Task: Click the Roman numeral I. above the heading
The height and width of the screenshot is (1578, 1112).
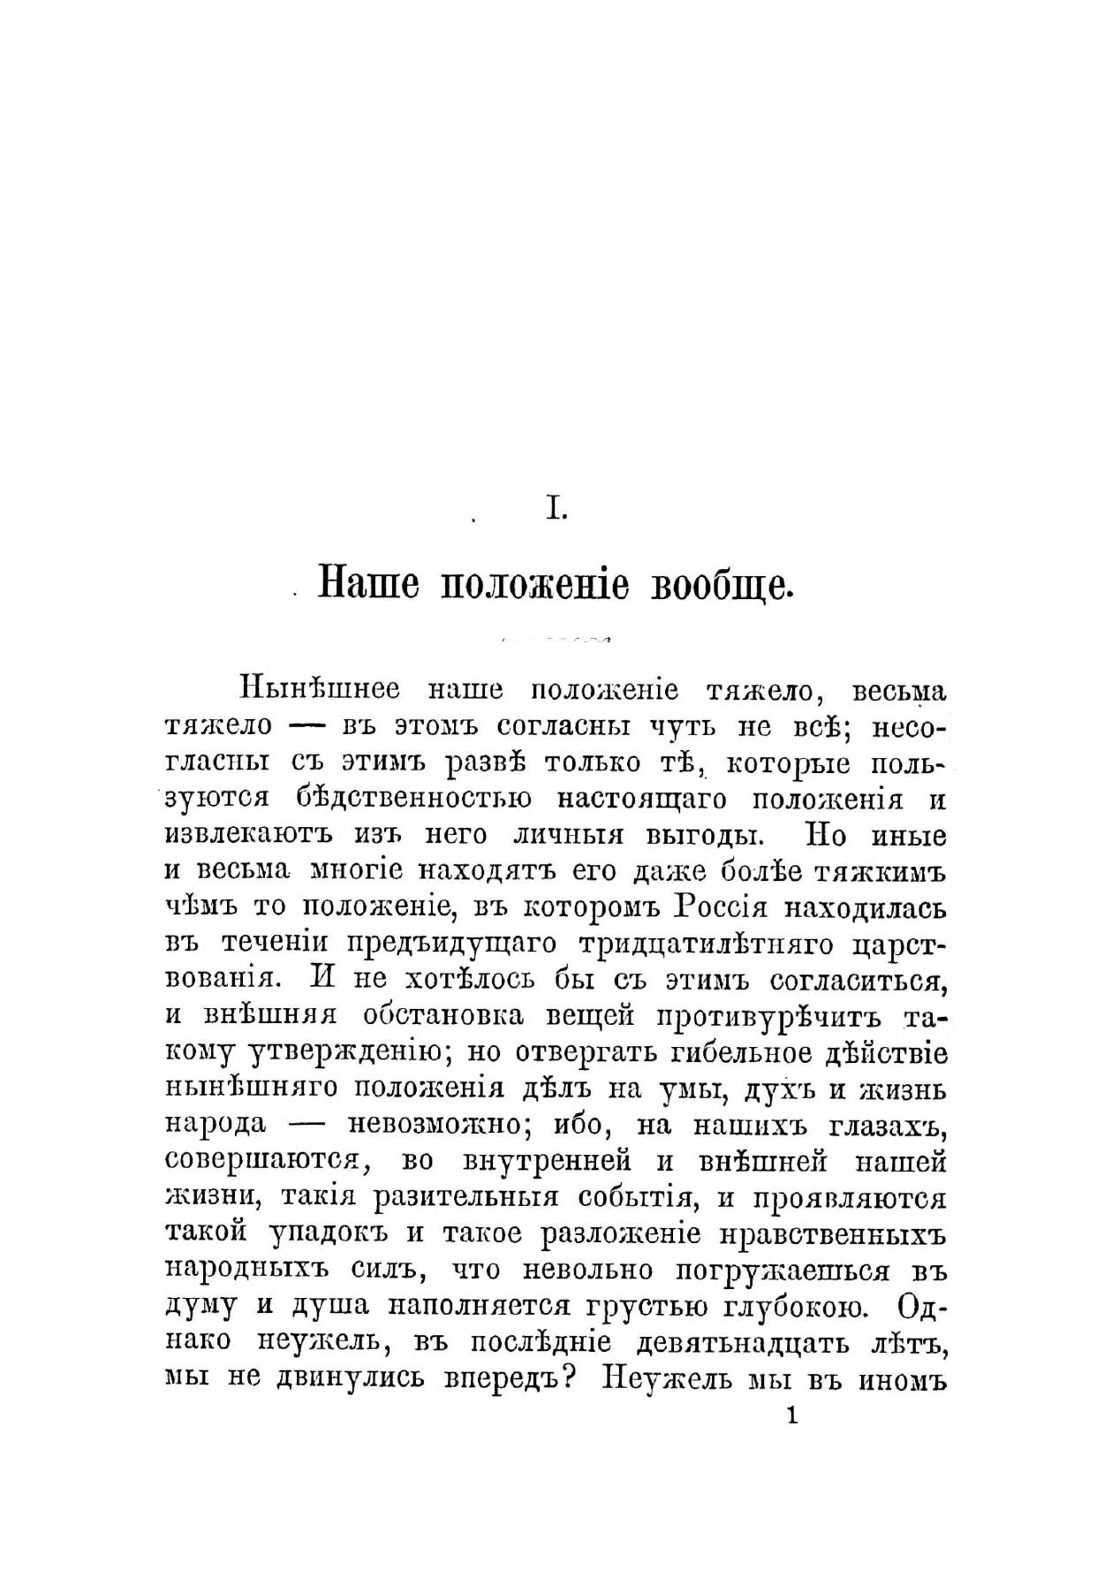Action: (556, 510)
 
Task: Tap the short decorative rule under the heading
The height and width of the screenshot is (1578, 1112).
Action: (556, 637)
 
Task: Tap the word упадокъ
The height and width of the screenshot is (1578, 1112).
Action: (327, 1234)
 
